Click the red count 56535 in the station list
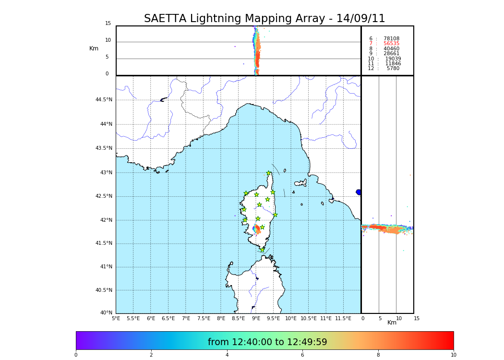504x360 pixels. [391, 44]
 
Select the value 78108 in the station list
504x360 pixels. [391, 39]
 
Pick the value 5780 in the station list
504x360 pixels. [393, 69]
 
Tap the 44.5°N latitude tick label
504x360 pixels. [104, 100]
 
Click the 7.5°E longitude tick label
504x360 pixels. [204, 318]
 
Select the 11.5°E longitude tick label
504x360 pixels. [343, 318]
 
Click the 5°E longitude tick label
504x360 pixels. [116, 318]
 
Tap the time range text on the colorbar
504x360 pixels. [267, 342]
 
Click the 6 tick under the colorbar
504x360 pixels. [302, 355]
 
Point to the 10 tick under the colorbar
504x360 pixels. [453, 355]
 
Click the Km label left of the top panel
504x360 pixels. [94, 48]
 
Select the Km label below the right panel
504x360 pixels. [392, 323]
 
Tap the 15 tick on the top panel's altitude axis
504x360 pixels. [108, 24]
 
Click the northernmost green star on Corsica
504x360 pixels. [269, 173]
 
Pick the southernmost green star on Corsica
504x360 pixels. [262, 250]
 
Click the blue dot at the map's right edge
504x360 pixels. [359, 192]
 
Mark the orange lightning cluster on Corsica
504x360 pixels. [258, 230]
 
